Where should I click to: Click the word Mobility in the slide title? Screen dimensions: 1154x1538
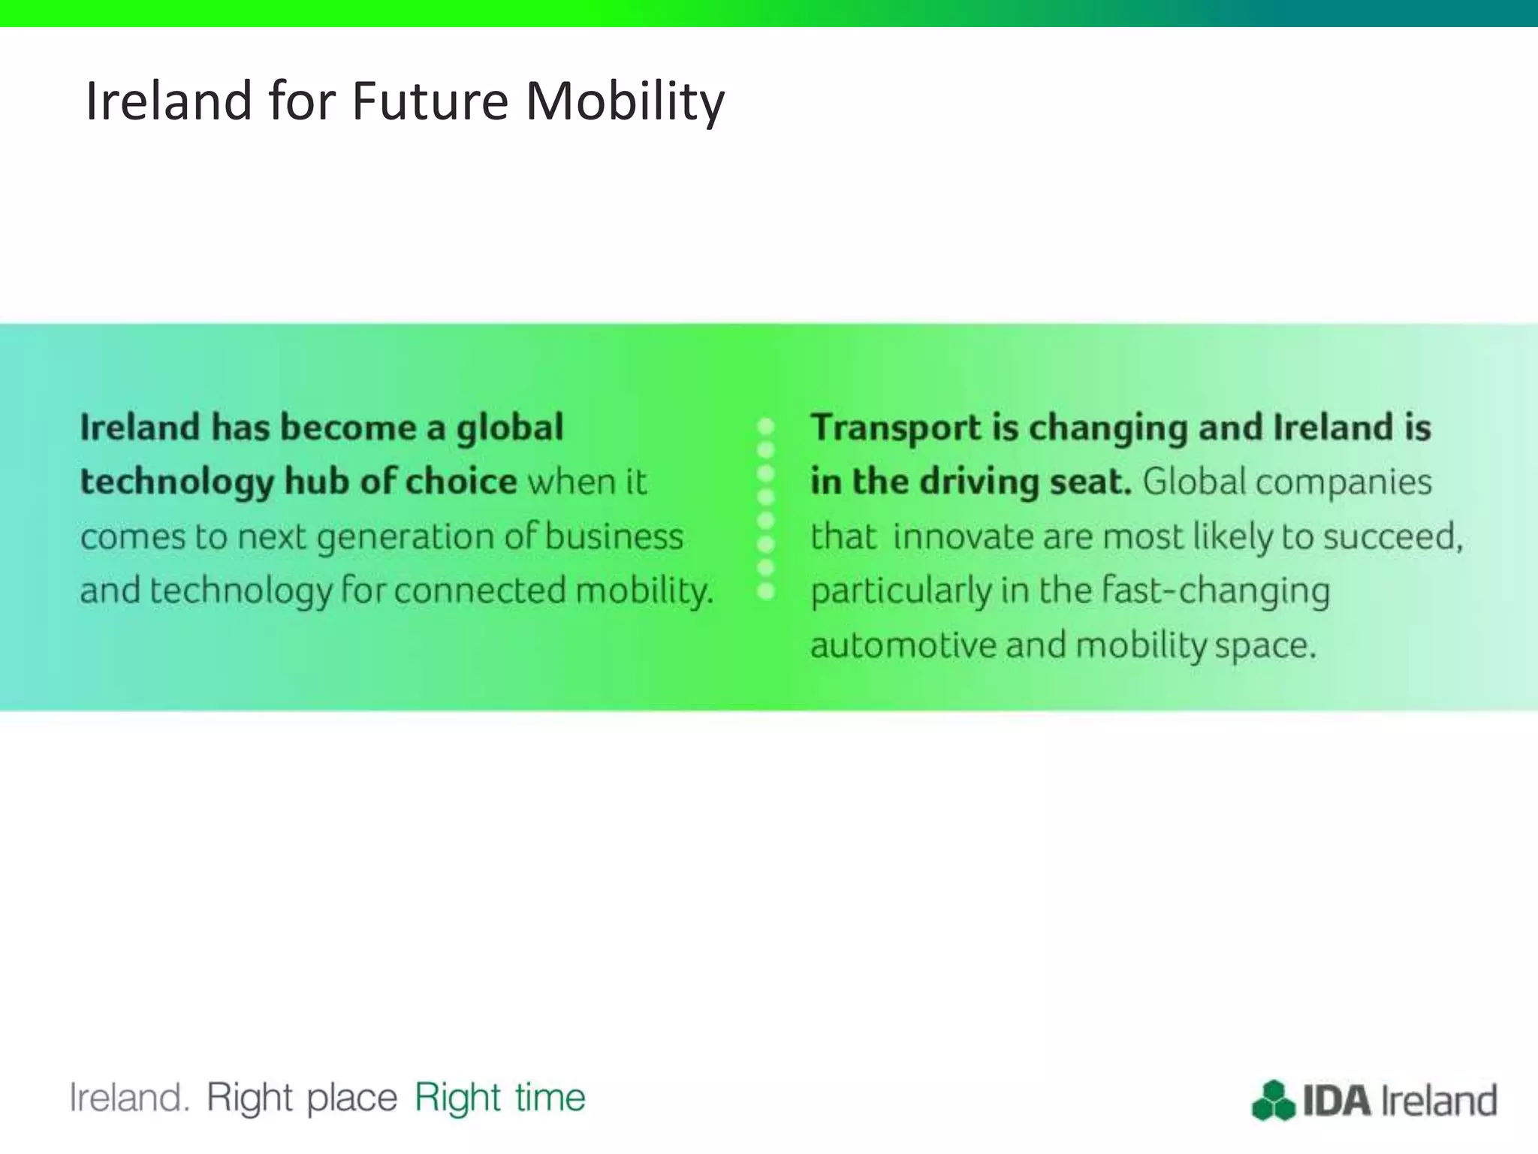[x=625, y=101]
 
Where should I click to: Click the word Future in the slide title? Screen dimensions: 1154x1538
[x=430, y=101]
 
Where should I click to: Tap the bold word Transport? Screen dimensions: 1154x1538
[x=895, y=428]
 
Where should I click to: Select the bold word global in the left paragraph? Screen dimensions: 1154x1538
[x=510, y=428]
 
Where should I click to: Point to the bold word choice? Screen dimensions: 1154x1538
[x=461, y=482]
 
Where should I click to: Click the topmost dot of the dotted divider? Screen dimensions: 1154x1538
[x=766, y=427]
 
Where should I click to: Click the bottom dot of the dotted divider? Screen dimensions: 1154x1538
[x=766, y=591]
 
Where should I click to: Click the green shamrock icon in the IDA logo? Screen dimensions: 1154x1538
[x=1273, y=1101]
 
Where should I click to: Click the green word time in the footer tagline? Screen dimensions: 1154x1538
[x=550, y=1098]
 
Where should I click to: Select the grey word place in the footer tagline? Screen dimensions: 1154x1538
[x=351, y=1099]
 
